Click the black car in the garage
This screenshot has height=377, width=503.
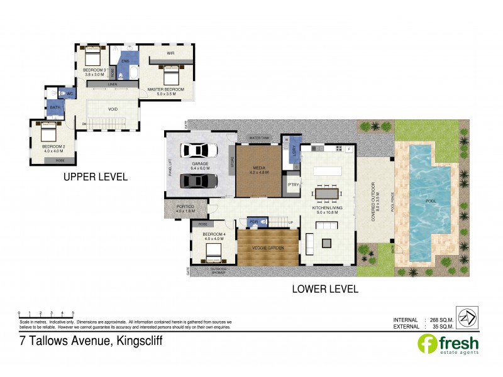pyautogui.click(x=199, y=181)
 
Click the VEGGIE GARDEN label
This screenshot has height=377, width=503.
pyautogui.click(x=268, y=248)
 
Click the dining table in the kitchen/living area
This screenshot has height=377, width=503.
pyautogui.click(x=325, y=194)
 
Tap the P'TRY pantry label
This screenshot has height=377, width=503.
pyautogui.click(x=292, y=185)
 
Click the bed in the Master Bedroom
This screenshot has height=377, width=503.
pyautogui.click(x=171, y=77)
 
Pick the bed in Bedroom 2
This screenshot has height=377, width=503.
pyautogui.click(x=49, y=133)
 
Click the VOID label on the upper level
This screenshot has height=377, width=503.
pyautogui.click(x=113, y=109)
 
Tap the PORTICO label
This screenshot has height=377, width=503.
pyautogui.click(x=185, y=207)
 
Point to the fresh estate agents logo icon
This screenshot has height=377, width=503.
pyautogui.click(x=427, y=344)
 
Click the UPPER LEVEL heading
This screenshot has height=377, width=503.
pyautogui.click(x=96, y=177)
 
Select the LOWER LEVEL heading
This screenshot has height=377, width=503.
pyautogui.click(x=325, y=290)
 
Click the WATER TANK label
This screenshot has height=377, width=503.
pyautogui.click(x=258, y=138)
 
